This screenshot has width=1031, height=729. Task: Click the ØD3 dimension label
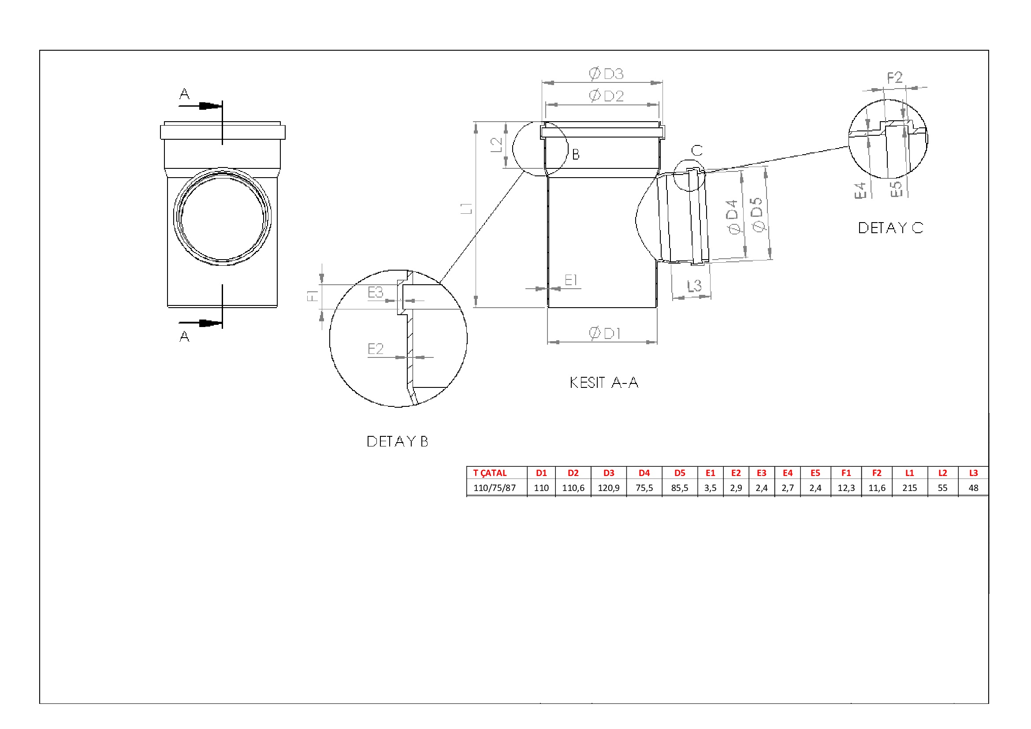(606, 74)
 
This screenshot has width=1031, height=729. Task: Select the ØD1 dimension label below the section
(604, 333)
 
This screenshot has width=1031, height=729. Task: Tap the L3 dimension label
(694, 286)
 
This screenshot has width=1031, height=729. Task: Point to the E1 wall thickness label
(571, 280)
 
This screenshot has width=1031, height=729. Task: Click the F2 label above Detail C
(894, 78)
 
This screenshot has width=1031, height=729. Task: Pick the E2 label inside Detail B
(376, 349)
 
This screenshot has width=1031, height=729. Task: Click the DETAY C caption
(891, 227)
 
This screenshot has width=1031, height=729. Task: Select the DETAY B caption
(398, 441)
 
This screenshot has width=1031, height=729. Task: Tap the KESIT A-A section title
(604, 383)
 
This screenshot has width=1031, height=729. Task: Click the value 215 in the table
(909, 488)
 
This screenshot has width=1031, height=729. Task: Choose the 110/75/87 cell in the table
(495, 488)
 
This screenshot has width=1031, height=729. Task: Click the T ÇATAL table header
(489, 473)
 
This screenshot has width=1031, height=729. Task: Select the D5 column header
(679, 473)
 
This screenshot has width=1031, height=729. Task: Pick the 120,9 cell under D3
(608, 488)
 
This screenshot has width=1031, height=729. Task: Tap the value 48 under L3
(973, 488)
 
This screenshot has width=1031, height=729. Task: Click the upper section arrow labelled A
(200, 106)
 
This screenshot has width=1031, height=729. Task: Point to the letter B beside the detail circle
(576, 154)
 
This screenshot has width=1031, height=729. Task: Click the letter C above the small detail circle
(697, 150)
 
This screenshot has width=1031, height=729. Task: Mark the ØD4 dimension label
(733, 217)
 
